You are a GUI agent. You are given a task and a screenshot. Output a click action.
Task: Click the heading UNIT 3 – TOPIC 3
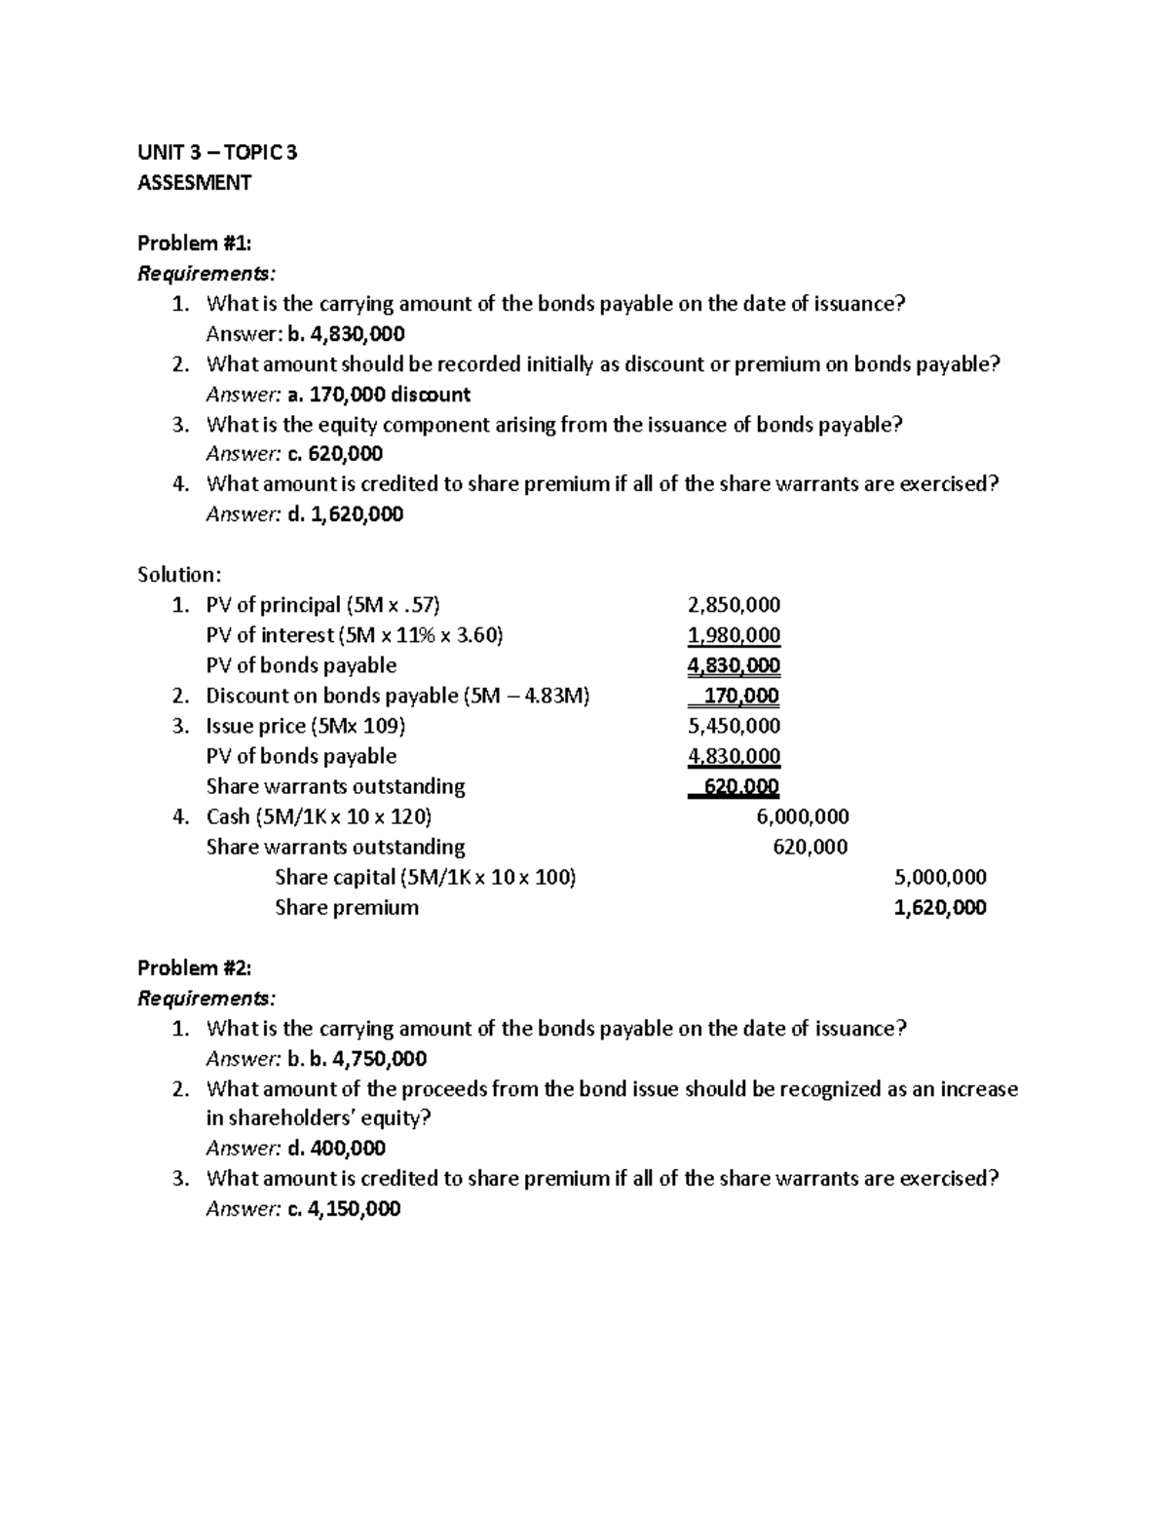coord(217,152)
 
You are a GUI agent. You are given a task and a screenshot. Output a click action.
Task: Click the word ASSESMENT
coord(194,182)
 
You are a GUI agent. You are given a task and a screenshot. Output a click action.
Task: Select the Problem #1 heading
coord(195,243)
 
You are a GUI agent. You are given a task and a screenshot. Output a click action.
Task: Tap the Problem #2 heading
coord(195,967)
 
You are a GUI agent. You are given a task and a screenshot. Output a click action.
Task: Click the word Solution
coord(179,575)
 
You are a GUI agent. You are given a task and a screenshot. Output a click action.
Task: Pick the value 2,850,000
coord(734,605)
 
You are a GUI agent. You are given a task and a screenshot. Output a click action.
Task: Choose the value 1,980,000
coord(734,635)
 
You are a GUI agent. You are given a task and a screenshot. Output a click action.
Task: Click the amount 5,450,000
coord(734,726)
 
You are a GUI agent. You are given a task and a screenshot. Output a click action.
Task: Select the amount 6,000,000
coord(803,816)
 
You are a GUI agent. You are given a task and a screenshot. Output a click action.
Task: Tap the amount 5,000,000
coord(940,877)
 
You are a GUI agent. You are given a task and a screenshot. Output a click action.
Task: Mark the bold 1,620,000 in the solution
coord(940,907)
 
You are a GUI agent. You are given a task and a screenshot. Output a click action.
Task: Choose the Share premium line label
coord(347,907)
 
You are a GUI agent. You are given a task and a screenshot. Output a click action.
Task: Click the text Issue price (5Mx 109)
coord(306,726)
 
